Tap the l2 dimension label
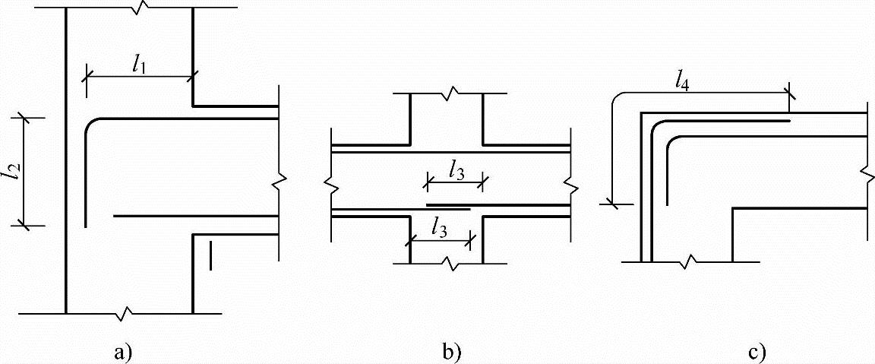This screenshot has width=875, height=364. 11,173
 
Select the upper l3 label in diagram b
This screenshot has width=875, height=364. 456,171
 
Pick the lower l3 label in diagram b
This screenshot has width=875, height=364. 438,226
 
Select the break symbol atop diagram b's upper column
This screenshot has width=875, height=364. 451,94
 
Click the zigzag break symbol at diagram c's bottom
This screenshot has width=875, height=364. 691,262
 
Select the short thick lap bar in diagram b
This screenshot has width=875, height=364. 448,205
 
